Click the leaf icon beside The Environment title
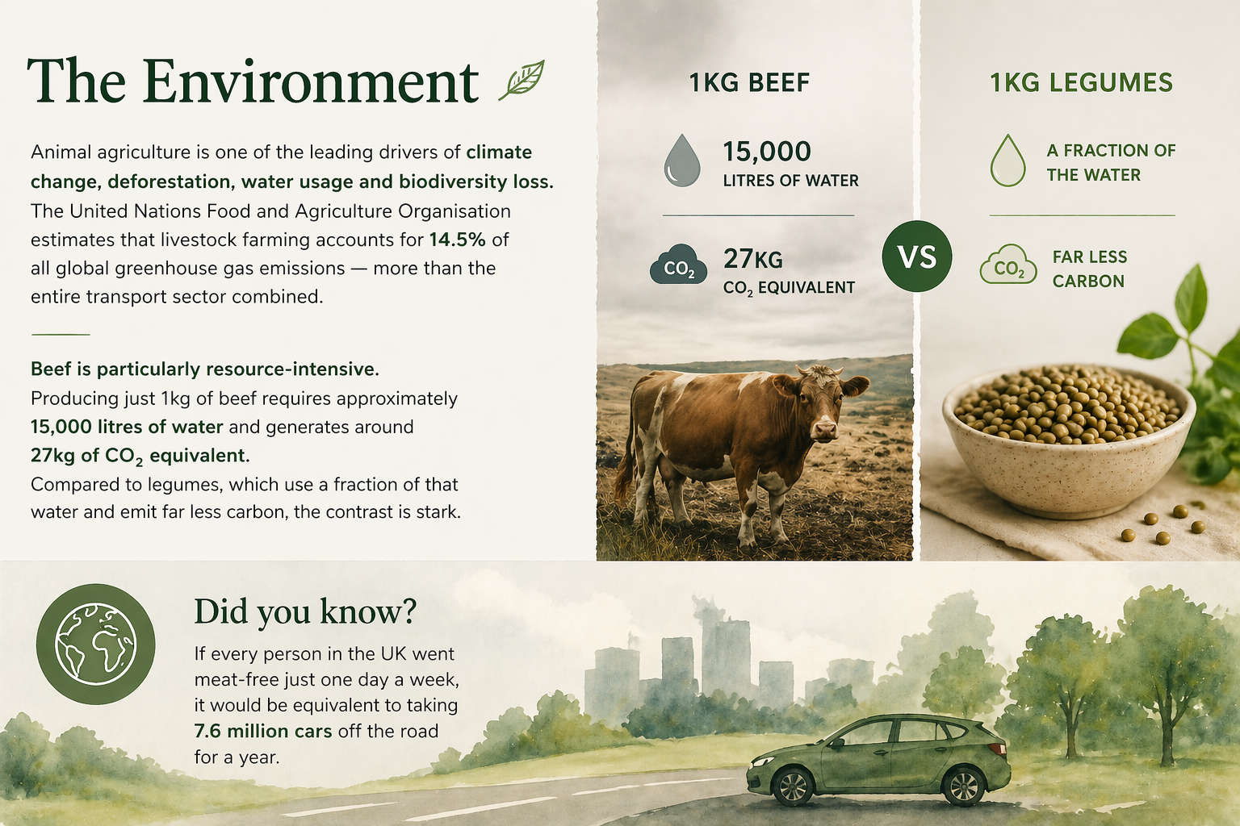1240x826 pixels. [x=522, y=80]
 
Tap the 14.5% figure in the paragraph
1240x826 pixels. [x=457, y=240]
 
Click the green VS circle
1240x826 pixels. [x=917, y=257]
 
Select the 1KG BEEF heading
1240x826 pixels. [x=749, y=82]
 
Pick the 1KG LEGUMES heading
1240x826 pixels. [x=1081, y=82]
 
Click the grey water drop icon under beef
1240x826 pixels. [x=681, y=161]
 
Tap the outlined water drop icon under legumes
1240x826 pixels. [x=1007, y=161]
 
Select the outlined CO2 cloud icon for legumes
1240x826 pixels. [x=1007, y=266]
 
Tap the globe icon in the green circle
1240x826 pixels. [x=95, y=644]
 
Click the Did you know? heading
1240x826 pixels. [x=305, y=611]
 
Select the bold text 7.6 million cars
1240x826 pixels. [x=263, y=731]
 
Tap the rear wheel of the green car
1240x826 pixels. [x=964, y=786]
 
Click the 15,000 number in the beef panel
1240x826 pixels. [x=766, y=152]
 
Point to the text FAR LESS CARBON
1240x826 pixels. [x=1089, y=269]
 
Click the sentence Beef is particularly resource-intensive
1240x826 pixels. [x=205, y=369]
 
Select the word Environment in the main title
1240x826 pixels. [x=312, y=82]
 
